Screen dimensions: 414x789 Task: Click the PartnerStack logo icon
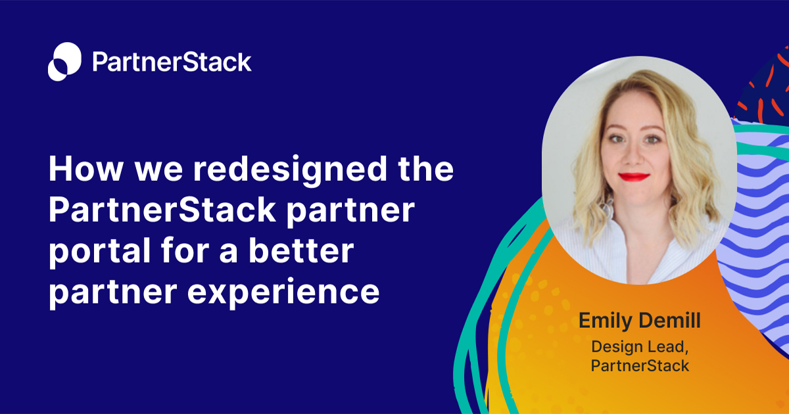click(64, 62)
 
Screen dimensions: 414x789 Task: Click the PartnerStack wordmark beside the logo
click(172, 62)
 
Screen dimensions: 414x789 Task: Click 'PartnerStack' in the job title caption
click(640, 366)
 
